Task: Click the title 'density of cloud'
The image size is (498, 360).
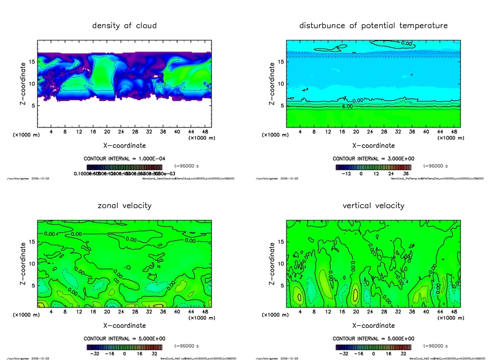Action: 124,25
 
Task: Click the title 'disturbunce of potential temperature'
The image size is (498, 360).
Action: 373,25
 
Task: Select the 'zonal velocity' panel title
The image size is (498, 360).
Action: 124,205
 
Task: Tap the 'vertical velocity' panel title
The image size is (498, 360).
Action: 373,205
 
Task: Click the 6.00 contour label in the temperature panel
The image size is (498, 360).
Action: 347,106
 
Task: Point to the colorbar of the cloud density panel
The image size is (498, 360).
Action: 124,166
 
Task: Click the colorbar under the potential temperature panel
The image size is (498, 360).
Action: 373,166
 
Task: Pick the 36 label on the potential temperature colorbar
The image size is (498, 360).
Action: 405,174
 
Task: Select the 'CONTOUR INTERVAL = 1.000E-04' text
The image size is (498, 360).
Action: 124,159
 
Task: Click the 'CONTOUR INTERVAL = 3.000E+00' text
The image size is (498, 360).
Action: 373,159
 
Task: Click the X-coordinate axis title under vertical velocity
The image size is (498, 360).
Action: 373,325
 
